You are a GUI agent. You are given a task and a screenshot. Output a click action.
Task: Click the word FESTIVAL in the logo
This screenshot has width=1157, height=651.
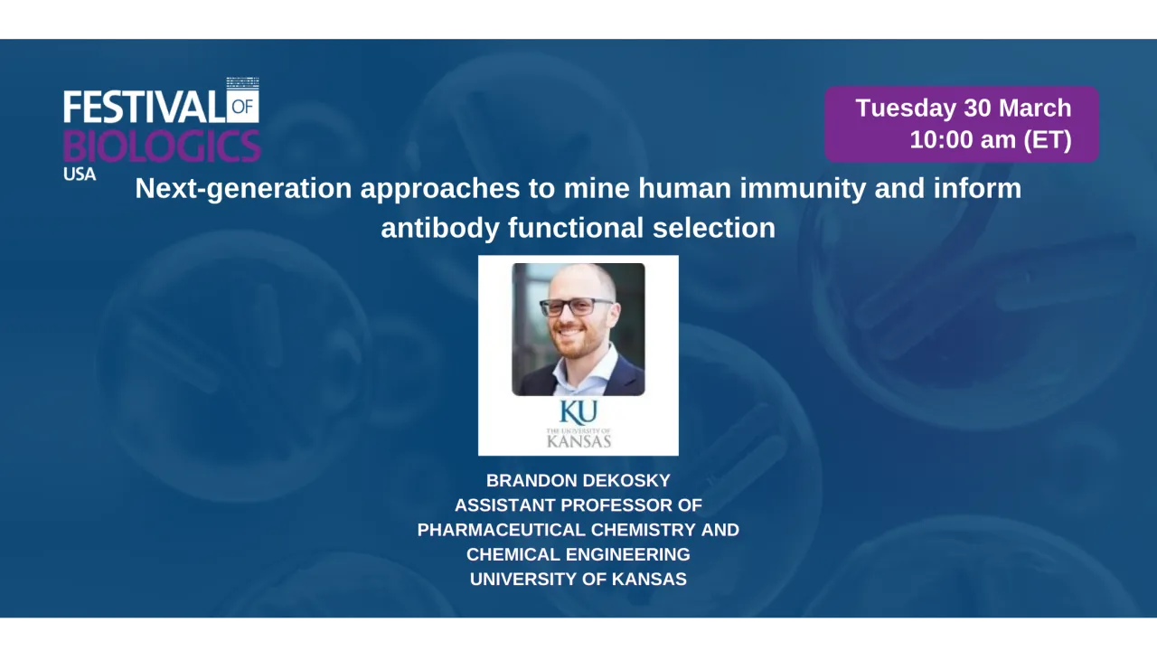[143, 108]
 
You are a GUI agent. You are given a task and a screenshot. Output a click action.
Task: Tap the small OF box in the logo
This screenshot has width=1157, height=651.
[243, 108]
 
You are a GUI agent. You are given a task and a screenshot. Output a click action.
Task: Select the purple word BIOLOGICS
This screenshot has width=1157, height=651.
[162, 145]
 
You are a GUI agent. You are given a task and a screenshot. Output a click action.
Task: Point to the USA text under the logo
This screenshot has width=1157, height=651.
[80, 174]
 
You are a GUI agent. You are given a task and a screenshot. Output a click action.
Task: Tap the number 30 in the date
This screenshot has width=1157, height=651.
[977, 108]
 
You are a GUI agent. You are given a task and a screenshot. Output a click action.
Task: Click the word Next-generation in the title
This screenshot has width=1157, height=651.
[243, 188]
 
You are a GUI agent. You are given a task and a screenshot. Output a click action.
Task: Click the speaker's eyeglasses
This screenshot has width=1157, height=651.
[577, 307]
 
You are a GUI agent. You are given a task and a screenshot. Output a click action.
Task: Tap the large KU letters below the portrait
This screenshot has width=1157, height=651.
[578, 412]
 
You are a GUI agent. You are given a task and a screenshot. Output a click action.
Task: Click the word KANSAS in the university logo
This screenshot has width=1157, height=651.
[578, 441]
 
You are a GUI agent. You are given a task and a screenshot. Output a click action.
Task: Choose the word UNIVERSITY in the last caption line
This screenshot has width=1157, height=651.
[522, 580]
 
